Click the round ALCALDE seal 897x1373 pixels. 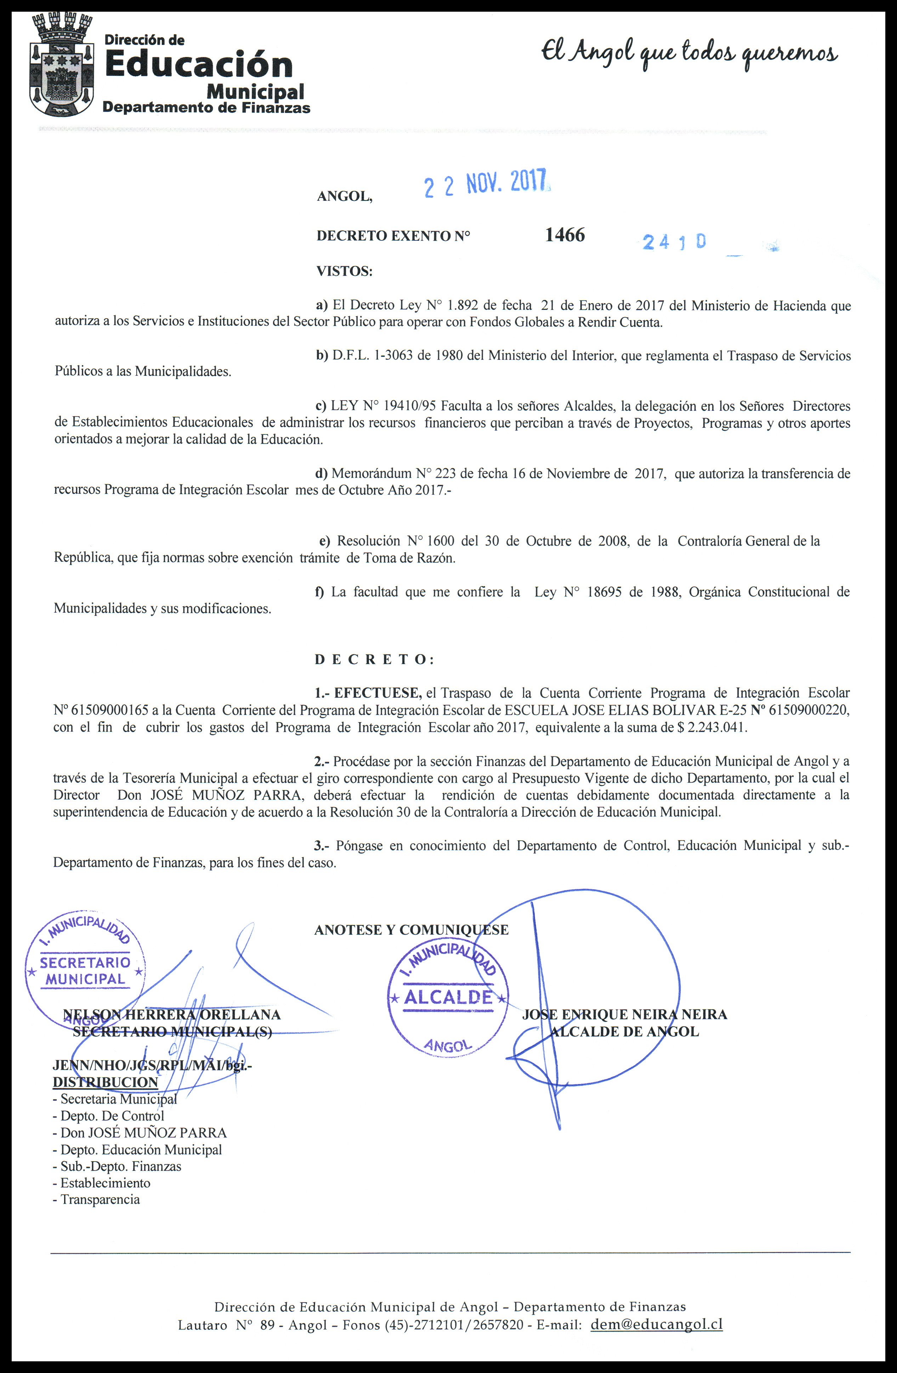pos(448,997)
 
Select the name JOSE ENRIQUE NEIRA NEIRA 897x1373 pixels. pos(624,1014)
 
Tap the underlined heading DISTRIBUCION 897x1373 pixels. pos(105,1082)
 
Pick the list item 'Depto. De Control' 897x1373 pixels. pos(112,1116)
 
